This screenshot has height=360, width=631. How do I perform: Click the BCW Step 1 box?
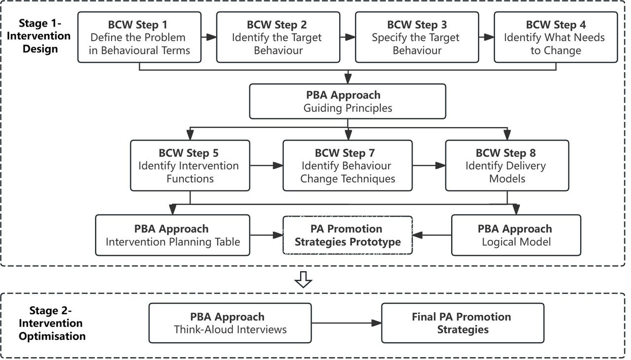[140, 37]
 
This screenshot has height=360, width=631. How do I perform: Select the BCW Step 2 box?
[279, 37]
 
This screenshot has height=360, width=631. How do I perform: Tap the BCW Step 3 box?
[417, 37]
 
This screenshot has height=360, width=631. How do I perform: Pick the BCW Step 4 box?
[556, 37]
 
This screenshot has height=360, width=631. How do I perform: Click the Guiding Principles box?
[348, 102]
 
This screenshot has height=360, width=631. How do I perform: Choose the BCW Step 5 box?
[190, 166]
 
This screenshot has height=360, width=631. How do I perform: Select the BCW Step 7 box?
[348, 166]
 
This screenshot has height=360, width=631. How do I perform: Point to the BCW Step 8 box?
[507, 166]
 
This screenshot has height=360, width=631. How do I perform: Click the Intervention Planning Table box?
[173, 235]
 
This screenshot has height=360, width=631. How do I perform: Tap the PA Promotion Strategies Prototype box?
[348, 235]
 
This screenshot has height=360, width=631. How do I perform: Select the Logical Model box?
[516, 235]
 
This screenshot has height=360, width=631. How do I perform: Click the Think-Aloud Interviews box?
[230, 323]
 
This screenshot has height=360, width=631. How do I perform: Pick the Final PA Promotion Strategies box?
[463, 323]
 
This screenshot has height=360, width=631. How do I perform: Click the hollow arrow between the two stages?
[303, 280]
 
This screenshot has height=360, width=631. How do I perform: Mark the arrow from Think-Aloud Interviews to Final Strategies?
[347, 323]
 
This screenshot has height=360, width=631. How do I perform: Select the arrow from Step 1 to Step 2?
[209, 37]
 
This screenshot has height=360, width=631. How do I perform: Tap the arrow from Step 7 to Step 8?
[429, 166]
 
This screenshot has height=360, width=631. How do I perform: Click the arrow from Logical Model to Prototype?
[432, 235]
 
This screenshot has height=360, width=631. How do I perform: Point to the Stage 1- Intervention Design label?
[39, 36]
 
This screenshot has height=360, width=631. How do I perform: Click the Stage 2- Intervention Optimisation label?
[52, 323]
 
